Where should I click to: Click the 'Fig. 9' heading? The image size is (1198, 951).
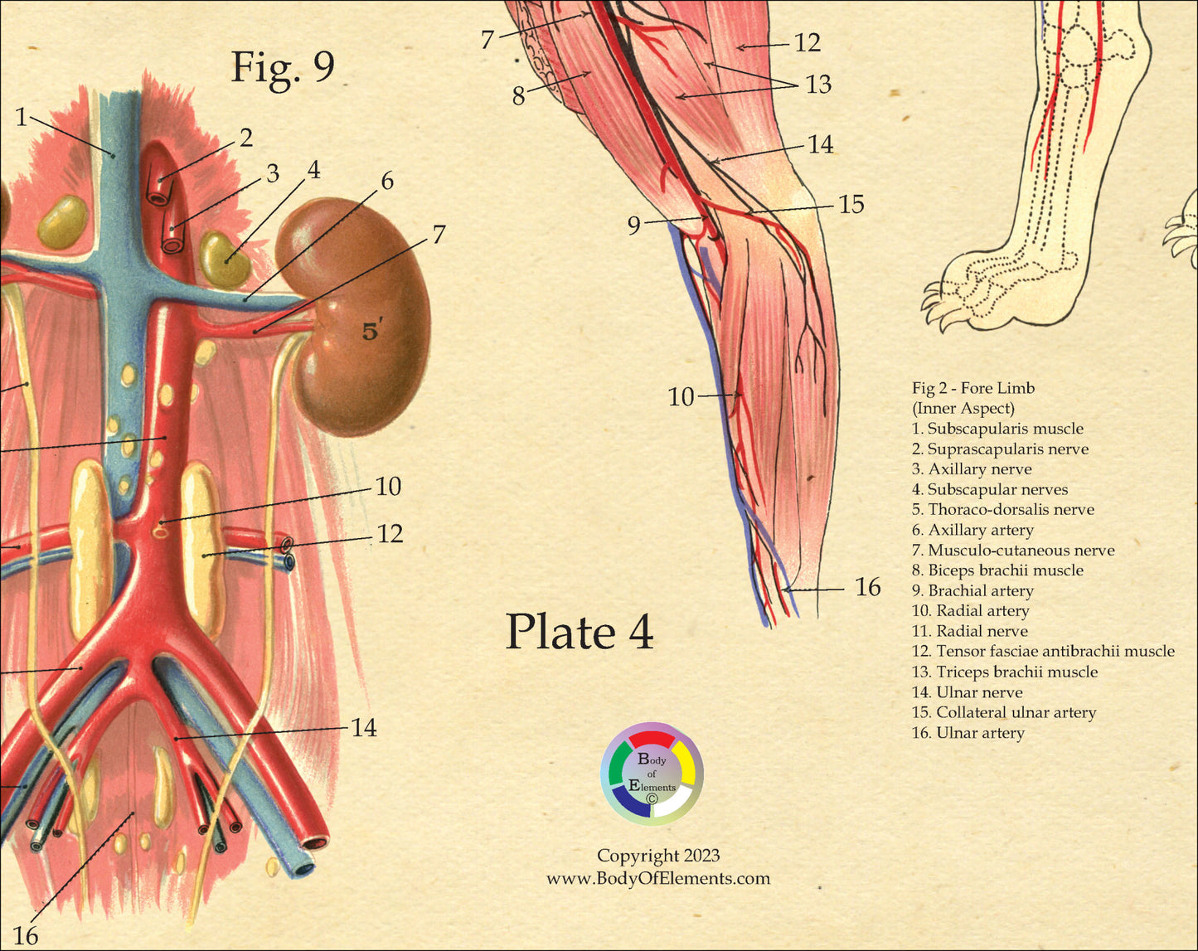coord(282,66)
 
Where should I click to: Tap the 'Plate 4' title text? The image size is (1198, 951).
coord(580,632)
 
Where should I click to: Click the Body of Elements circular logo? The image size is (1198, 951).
coord(652,774)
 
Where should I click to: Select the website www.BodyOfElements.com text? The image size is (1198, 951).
coord(657,879)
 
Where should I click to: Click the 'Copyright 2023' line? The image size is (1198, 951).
coord(658,856)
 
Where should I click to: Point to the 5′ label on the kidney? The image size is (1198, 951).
coord(372,332)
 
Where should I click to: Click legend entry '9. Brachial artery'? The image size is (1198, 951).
coord(972,591)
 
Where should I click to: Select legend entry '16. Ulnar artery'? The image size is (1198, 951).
coord(968,733)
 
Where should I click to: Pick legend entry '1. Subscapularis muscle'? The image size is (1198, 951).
coord(997,429)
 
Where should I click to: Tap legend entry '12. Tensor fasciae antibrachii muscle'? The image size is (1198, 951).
coord(1043,652)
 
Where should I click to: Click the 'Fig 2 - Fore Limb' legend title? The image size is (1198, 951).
coord(973,388)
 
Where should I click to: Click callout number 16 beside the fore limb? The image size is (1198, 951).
coord(867,588)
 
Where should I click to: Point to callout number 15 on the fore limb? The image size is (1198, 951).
coord(851,205)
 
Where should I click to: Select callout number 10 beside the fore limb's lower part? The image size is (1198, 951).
coord(681,397)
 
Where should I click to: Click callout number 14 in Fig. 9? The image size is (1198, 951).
coord(364,728)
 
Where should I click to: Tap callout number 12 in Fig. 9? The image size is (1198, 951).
coord(390,534)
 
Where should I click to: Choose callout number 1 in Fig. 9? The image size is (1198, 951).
coord(21,118)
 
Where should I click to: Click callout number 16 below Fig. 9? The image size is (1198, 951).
coord(25,936)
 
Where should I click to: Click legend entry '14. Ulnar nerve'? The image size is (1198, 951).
coord(967,692)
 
